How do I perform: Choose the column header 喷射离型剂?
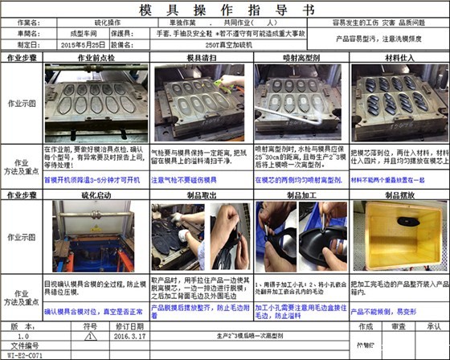tap(300, 59)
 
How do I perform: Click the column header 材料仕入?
tap(399, 59)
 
